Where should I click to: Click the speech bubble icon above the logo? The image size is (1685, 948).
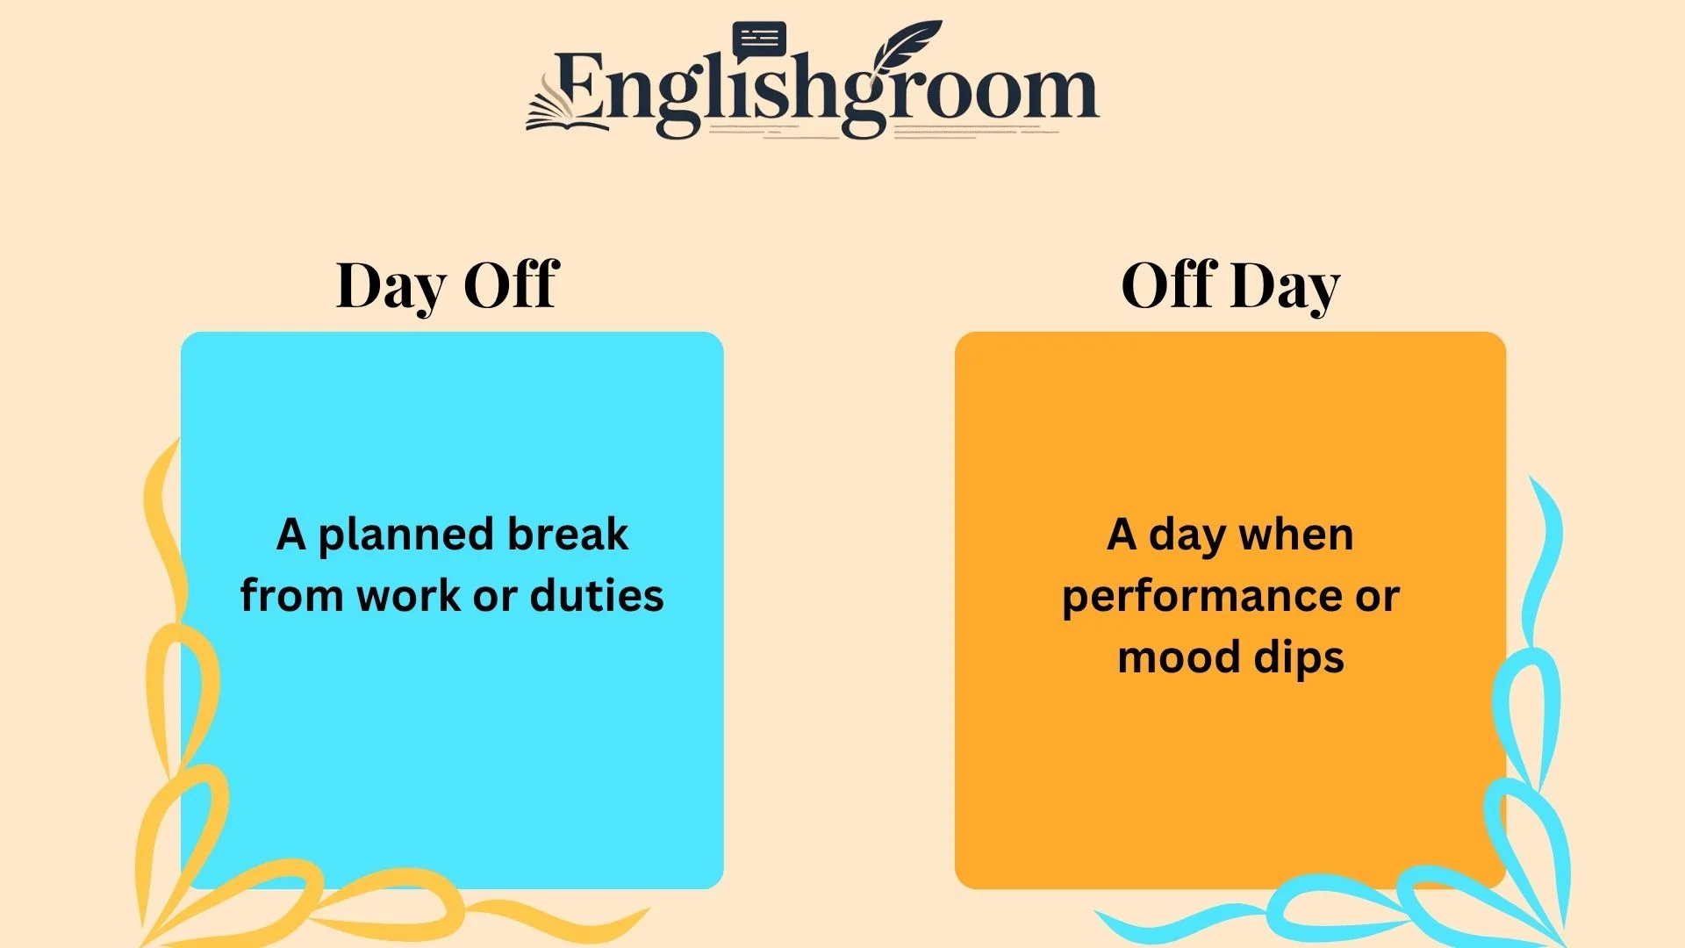pyautogui.click(x=759, y=39)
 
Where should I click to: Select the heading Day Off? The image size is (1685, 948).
pyautogui.click(x=448, y=285)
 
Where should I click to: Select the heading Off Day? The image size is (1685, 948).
pyautogui.click(x=1230, y=285)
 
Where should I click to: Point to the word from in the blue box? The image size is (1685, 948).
pyautogui.click(x=291, y=596)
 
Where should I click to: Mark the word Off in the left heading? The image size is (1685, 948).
pyautogui.click(x=511, y=284)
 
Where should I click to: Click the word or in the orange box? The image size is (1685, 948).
pyautogui.click(x=1377, y=598)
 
